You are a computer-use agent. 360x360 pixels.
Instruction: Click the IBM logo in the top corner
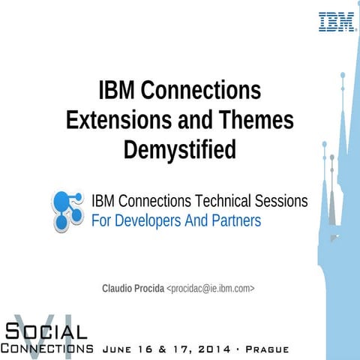[x=337, y=21]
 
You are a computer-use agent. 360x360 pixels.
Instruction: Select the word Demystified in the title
[x=179, y=148]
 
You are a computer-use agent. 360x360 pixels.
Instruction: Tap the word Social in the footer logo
[x=46, y=331]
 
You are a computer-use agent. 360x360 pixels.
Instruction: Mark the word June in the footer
[x=116, y=349]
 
